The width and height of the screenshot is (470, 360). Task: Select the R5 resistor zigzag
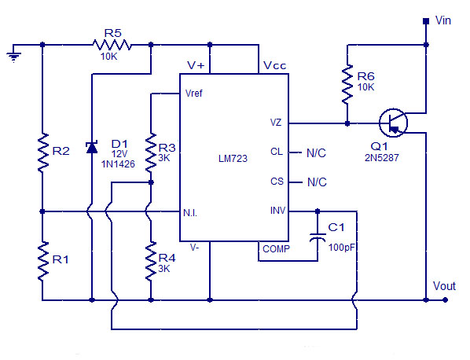pos(112,45)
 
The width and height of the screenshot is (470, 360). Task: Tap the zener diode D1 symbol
pos(92,147)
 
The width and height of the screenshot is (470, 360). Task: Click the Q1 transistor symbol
pos(393,123)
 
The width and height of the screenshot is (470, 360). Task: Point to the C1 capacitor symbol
pos(318,237)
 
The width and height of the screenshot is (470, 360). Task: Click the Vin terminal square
pos(426,21)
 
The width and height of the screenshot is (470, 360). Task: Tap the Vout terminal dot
pos(446,299)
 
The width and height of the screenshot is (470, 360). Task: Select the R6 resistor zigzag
pos(347,85)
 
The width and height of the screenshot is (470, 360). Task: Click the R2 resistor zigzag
pos(42,152)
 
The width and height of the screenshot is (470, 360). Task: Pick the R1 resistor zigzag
pos(42,262)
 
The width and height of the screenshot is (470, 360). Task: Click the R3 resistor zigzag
pos(151,152)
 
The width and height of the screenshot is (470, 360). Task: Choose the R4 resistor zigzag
pos(151,262)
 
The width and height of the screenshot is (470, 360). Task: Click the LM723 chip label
pos(233,158)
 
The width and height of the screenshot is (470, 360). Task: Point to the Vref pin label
pos(194,94)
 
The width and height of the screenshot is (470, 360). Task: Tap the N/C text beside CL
pos(316,152)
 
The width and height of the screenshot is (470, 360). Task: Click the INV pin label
pos(278,211)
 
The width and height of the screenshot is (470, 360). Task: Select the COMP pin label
pos(276,249)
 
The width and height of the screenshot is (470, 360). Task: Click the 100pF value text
pos(342,248)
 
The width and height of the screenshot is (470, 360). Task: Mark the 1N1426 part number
pos(118,164)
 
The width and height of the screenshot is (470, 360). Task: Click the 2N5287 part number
pos(381,158)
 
